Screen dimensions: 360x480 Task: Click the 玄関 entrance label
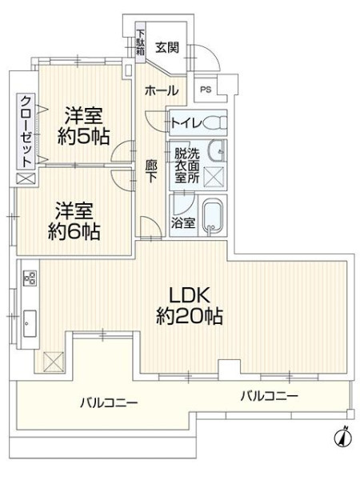pos(167,47)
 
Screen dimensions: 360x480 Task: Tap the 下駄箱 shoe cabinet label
pos(140,42)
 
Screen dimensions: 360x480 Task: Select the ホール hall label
pos(162,90)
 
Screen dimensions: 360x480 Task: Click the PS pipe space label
pos(206,90)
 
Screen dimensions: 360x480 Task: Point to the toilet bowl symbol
pos(214,124)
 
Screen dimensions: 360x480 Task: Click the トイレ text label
pos(186,123)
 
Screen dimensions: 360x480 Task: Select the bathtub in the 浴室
pos(214,218)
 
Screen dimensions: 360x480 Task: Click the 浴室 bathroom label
pos(183,222)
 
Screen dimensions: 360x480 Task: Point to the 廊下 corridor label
pos(151,171)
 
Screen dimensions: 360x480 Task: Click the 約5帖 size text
pos(83,137)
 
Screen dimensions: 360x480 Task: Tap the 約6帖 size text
pos(74,233)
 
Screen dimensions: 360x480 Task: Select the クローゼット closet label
pos(26,131)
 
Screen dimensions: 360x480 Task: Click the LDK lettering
pos(190,296)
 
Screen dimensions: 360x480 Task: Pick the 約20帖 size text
pos(190,317)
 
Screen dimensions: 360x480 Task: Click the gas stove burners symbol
pos(30,278)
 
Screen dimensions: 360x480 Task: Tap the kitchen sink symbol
pos(30,323)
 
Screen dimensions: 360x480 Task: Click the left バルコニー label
pos(109,403)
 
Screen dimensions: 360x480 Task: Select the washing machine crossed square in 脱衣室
pos(214,176)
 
